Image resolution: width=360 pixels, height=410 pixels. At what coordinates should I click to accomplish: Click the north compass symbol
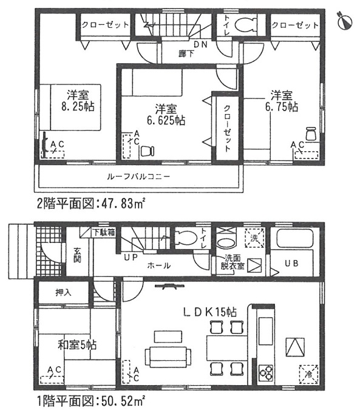(x=345, y=21)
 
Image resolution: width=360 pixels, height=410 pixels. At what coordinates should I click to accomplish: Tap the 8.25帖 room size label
(x=78, y=107)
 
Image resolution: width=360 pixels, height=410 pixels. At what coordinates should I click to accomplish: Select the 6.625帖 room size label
(x=166, y=120)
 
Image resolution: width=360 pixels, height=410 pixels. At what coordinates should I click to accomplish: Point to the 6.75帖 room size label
(x=282, y=107)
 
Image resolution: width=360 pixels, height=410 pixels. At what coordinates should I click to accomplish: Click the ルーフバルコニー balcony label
(x=138, y=177)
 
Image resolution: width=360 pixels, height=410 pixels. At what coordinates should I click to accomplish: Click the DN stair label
(x=200, y=44)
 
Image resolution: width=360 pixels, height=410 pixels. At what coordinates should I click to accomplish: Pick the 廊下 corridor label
(x=186, y=54)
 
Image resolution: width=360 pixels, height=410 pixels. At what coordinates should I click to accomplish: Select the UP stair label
(x=131, y=258)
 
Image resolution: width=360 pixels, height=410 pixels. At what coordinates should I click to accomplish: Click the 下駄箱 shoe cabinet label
(x=104, y=233)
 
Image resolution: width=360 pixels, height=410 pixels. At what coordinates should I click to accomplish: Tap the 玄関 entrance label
(x=77, y=255)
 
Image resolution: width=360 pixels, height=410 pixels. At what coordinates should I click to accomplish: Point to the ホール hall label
(x=159, y=265)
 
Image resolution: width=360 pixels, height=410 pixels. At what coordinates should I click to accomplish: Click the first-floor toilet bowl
(x=186, y=237)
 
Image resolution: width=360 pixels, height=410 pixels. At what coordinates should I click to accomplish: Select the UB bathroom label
(x=292, y=263)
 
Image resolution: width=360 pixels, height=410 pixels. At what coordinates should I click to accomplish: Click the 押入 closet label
(x=63, y=293)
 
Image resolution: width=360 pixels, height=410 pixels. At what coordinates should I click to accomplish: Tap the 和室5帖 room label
(x=77, y=345)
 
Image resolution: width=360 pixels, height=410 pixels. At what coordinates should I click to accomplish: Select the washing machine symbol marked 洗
(x=254, y=238)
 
